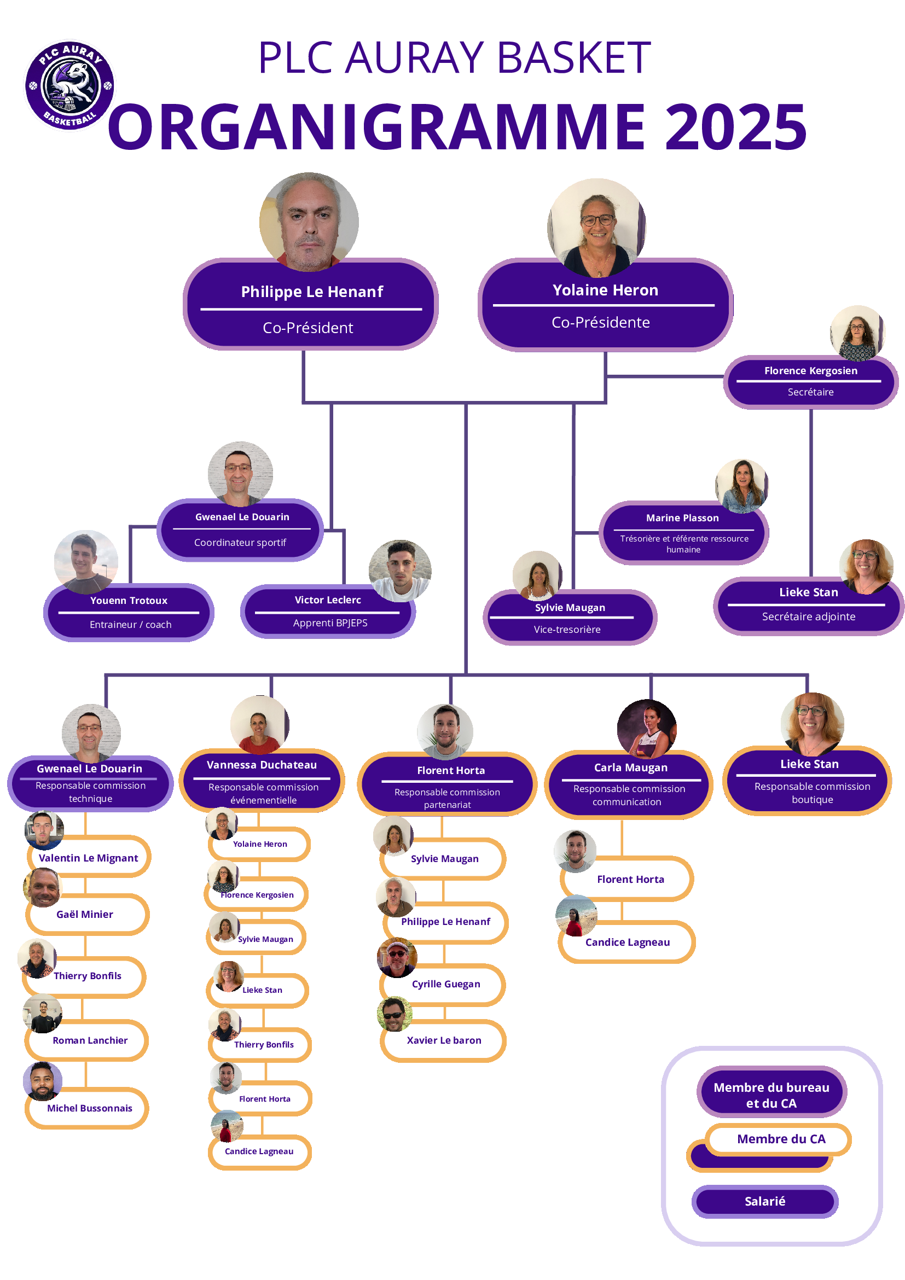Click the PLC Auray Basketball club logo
tap(69, 85)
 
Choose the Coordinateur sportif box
tap(240, 530)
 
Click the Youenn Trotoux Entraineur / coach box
tap(129, 612)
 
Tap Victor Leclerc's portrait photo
tap(400, 571)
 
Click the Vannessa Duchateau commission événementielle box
tap(262, 781)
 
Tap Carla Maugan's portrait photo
tap(646, 728)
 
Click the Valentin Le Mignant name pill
tap(89, 857)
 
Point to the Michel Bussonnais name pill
tap(90, 1108)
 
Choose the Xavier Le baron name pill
tap(444, 1040)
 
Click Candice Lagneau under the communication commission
tap(627, 942)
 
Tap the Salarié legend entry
tap(764, 1201)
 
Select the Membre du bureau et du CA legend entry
tap(771, 1095)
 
